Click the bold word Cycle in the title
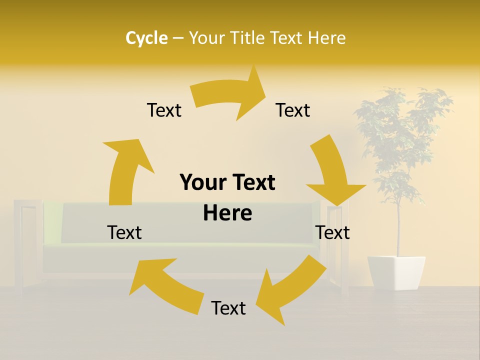(146, 38)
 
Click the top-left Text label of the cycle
(164, 110)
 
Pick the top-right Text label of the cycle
(293, 110)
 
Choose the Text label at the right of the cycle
(332, 232)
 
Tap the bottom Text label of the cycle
(228, 308)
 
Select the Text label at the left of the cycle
(124, 232)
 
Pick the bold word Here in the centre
(227, 213)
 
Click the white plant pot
(396, 272)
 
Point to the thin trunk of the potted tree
(398, 230)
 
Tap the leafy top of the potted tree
(400, 130)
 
